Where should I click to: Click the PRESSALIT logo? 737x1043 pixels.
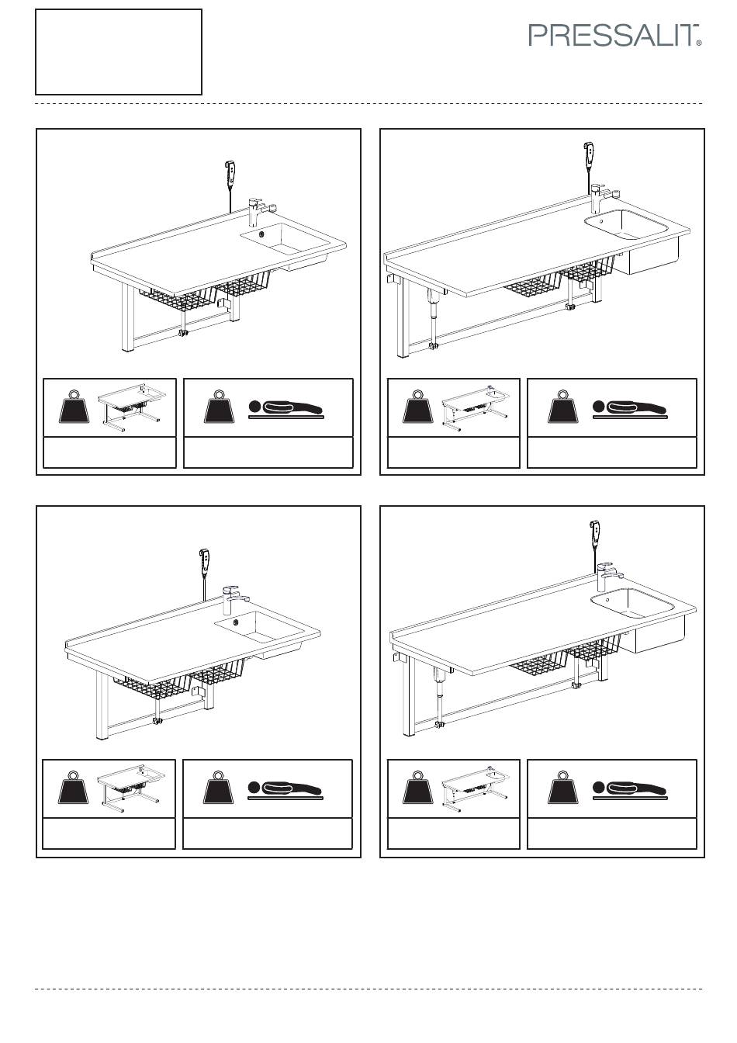614,35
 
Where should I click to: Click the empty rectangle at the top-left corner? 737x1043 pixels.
119,52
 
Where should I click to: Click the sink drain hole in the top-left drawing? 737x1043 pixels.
261,234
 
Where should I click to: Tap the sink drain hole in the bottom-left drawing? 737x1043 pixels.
236,622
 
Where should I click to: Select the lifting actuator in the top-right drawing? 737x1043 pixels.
434,317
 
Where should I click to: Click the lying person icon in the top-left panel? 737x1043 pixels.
285,408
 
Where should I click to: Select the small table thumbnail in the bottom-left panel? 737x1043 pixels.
131,788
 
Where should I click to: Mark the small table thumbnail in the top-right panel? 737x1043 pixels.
476,408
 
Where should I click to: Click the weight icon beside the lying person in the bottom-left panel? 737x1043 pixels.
218,788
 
